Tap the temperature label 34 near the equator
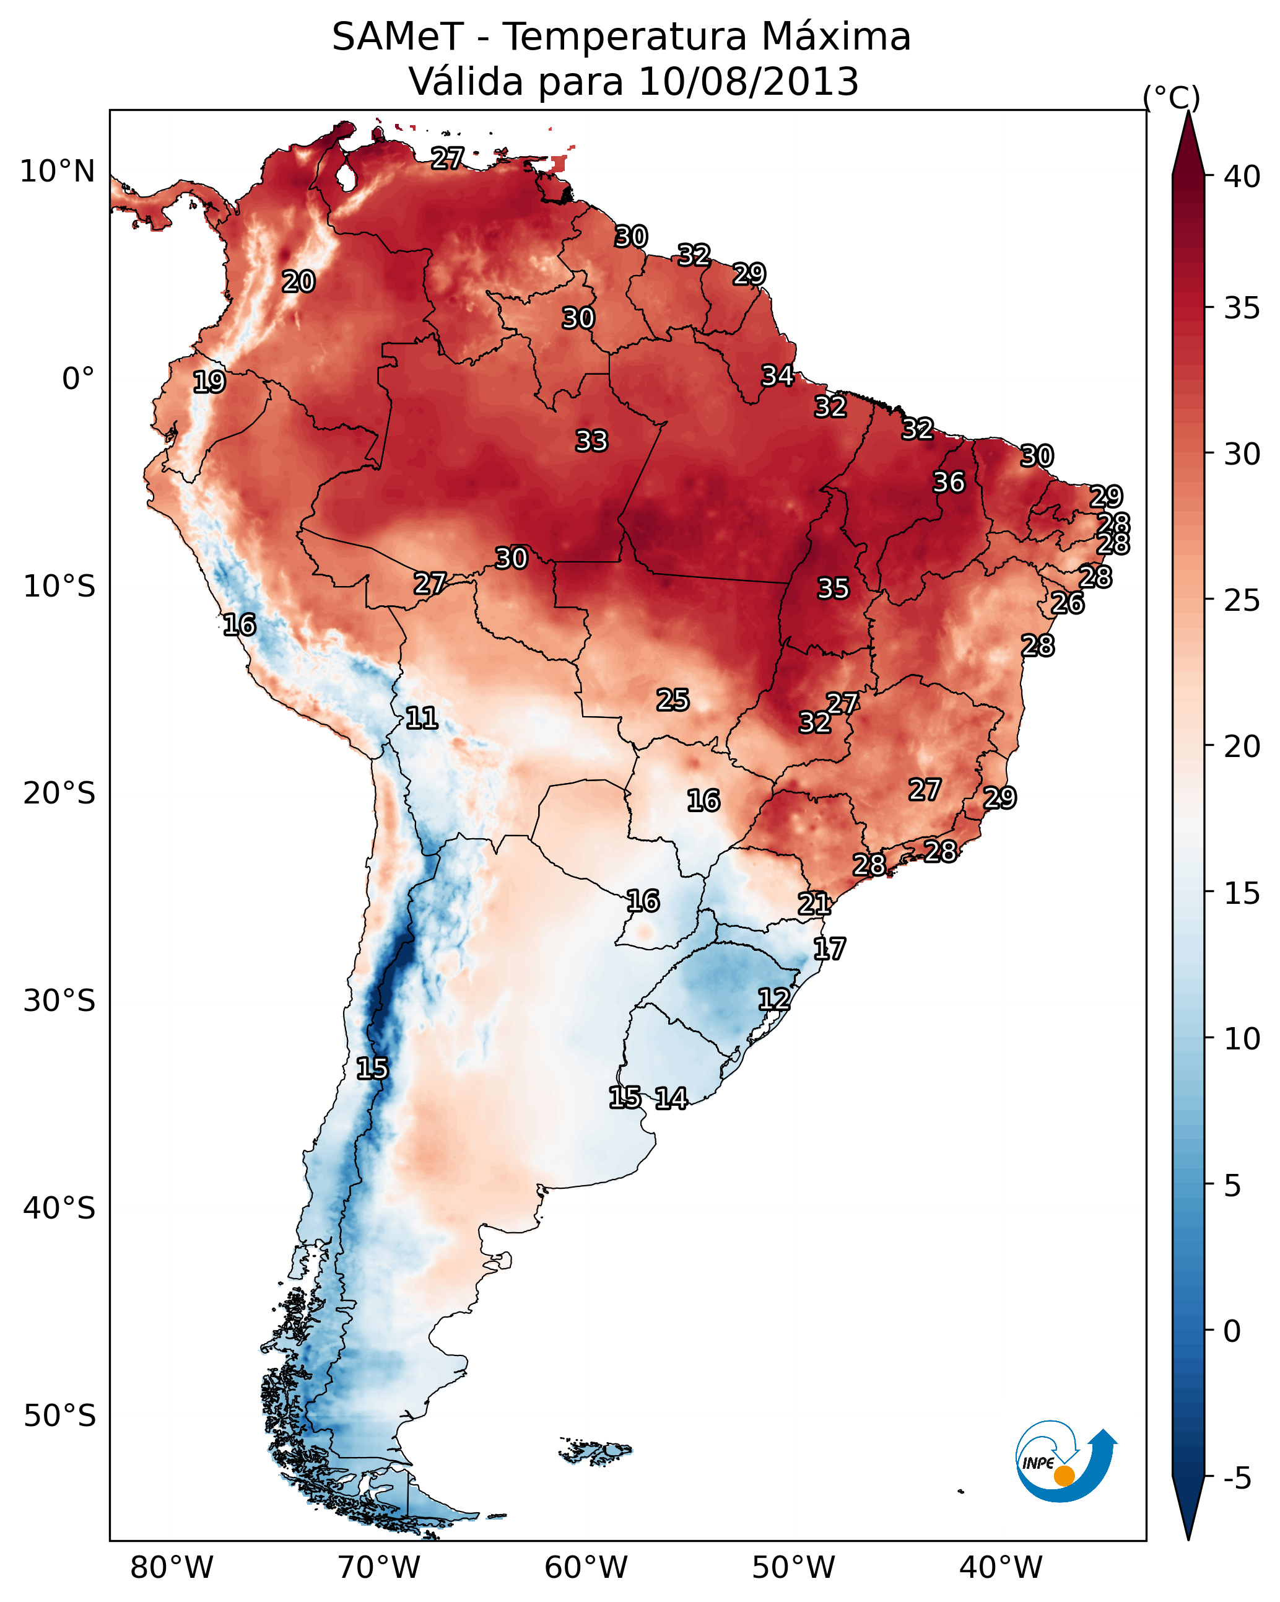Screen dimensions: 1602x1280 (x=777, y=375)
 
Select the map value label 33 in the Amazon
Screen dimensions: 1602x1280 (x=591, y=440)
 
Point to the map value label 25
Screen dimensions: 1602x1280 (x=673, y=699)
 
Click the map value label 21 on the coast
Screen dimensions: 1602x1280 (x=814, y=904)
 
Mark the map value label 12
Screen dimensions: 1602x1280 (x=773, y=999)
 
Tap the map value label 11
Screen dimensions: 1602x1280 (x=421, y=718)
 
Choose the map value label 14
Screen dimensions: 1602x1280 (x=671, y=1098)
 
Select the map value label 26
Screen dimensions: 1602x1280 (x=1067, y=603)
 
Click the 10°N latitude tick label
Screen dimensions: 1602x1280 (x=57, y=172)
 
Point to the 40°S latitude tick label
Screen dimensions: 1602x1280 (x=59, y=1208)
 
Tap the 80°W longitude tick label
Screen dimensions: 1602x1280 (x=172, y=1568)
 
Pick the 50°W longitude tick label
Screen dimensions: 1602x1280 (x=793, y=1568)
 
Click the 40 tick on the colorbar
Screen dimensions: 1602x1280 (x=1242, y=177)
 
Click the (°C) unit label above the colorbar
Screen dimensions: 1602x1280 (x=1171, y=97)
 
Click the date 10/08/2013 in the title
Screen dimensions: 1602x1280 (x=748, y=82)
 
